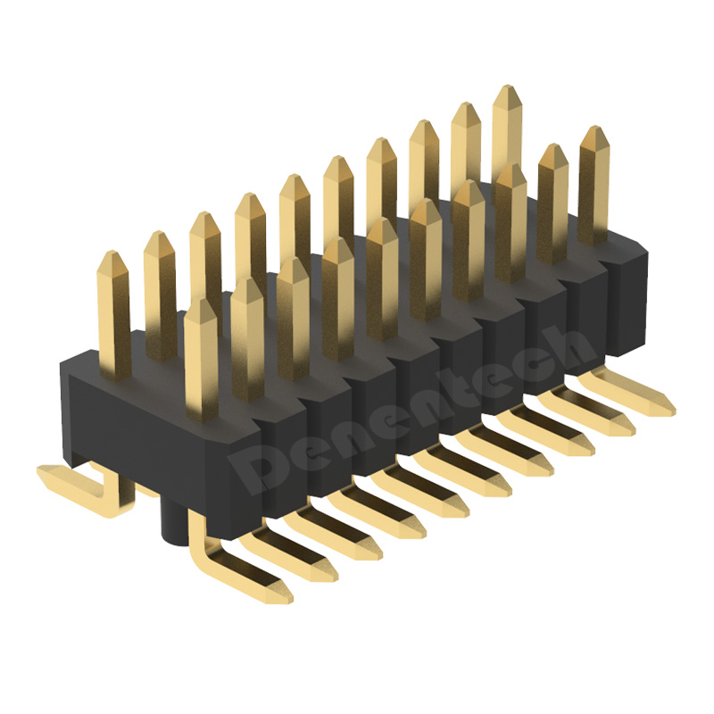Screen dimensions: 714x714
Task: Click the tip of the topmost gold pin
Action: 507,86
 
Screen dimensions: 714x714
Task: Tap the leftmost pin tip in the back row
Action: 113,252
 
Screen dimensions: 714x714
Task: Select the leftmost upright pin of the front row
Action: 201,360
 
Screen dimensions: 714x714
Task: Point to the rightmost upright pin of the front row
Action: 594,185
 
